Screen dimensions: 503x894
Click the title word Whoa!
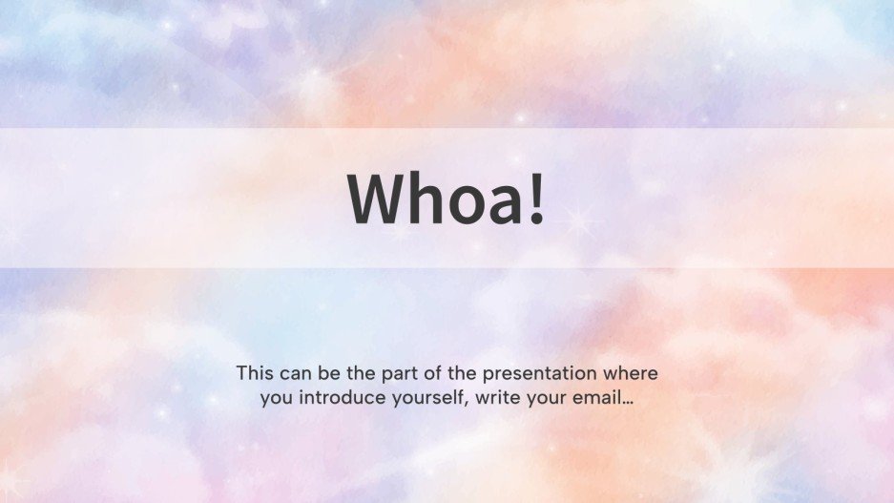point(447,199)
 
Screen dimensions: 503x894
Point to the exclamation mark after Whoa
point(537,199)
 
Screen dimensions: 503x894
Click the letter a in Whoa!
point(502,205)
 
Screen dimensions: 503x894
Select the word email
point(598,398)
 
